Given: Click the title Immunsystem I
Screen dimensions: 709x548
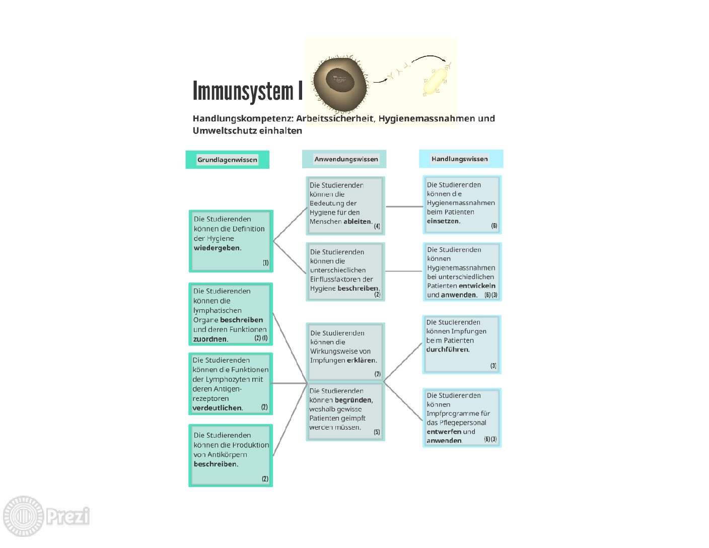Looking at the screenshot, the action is click(248, 91).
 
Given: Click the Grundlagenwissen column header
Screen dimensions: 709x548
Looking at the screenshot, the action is click(227, 160).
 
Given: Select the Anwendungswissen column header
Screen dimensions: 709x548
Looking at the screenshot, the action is click(346, 159).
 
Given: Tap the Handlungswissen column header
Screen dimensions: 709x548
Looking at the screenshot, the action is click(459, 159).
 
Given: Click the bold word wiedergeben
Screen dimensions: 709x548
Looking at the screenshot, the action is click(217, 248).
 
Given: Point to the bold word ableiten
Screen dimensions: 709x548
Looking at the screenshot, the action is click(357, 221).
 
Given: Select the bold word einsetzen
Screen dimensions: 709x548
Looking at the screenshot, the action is click(443, 221).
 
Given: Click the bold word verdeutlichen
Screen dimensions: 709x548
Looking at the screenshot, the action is click(217, 407).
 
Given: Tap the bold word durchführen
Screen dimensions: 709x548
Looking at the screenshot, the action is click(447, 349).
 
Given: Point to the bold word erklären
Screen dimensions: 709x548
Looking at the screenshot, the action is click(361, 360).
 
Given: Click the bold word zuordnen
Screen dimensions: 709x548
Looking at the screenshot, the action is click(210, 339).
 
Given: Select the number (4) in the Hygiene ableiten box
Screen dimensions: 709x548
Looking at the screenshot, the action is click(377, 226).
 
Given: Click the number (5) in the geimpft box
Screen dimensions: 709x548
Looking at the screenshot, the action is click(377, 432).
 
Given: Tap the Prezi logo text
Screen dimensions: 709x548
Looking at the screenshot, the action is click(68, 516).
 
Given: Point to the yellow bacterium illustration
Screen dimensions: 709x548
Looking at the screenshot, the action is click(435, 81).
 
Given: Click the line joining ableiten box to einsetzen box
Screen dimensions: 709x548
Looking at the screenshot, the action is click(404, 207).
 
